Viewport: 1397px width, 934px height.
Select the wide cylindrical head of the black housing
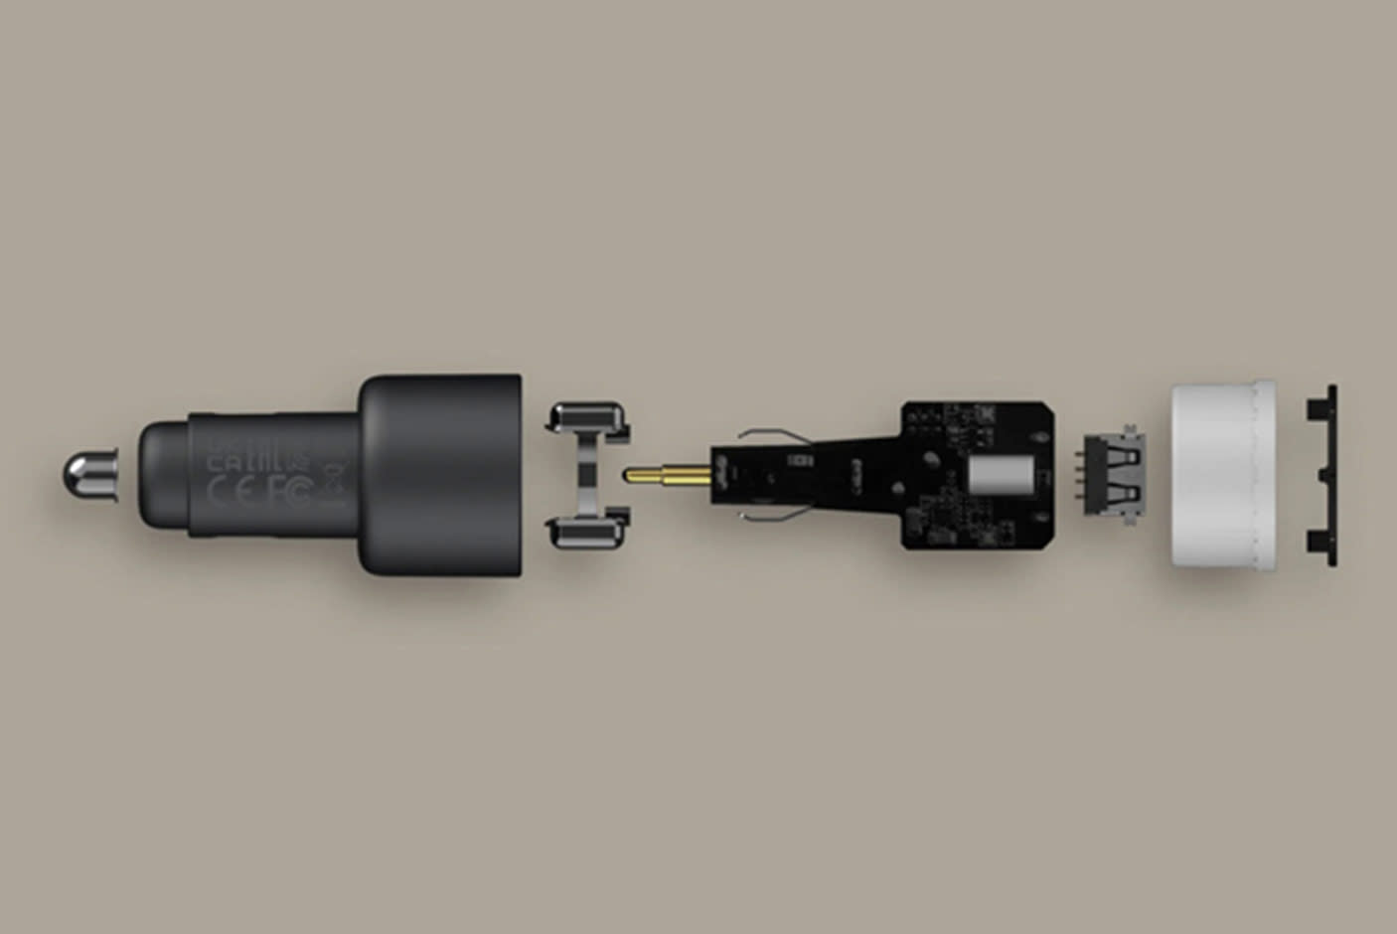tap(442, 474)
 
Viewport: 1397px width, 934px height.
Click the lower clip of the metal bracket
tap(588, 532)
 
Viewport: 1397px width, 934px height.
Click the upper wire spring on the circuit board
tap(775, 435)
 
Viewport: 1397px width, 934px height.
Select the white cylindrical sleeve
tap(1222, 474)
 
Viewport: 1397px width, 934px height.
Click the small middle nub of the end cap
tap(1323, 475)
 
